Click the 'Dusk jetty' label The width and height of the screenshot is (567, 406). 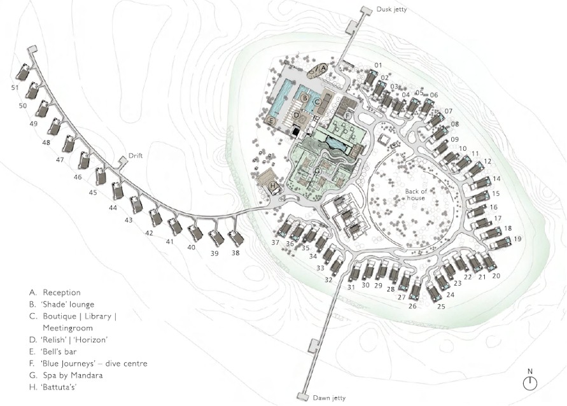(391, 9)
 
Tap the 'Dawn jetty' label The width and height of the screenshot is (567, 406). (329, 398)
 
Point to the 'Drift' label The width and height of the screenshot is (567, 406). (136, 155)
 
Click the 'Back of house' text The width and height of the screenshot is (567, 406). (416, 195)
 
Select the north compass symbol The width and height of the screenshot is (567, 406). (530, 383)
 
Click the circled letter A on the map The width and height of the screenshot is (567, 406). (323, 67)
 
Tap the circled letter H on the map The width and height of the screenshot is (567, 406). (274, 186)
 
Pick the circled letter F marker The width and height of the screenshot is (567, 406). (347, 116)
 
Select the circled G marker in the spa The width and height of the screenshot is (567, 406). (318, 171)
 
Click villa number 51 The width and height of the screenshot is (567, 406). (15, 87)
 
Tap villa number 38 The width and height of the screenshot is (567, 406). (235, 253)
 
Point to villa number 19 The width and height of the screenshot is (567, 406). (517, 239)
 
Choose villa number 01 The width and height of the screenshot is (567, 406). (378, 65)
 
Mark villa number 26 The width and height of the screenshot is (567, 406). (412, 306)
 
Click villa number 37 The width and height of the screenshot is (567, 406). (276, 242)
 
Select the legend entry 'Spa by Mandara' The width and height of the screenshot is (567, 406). (73, 375)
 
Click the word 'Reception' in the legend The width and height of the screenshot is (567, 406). (62, 293)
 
